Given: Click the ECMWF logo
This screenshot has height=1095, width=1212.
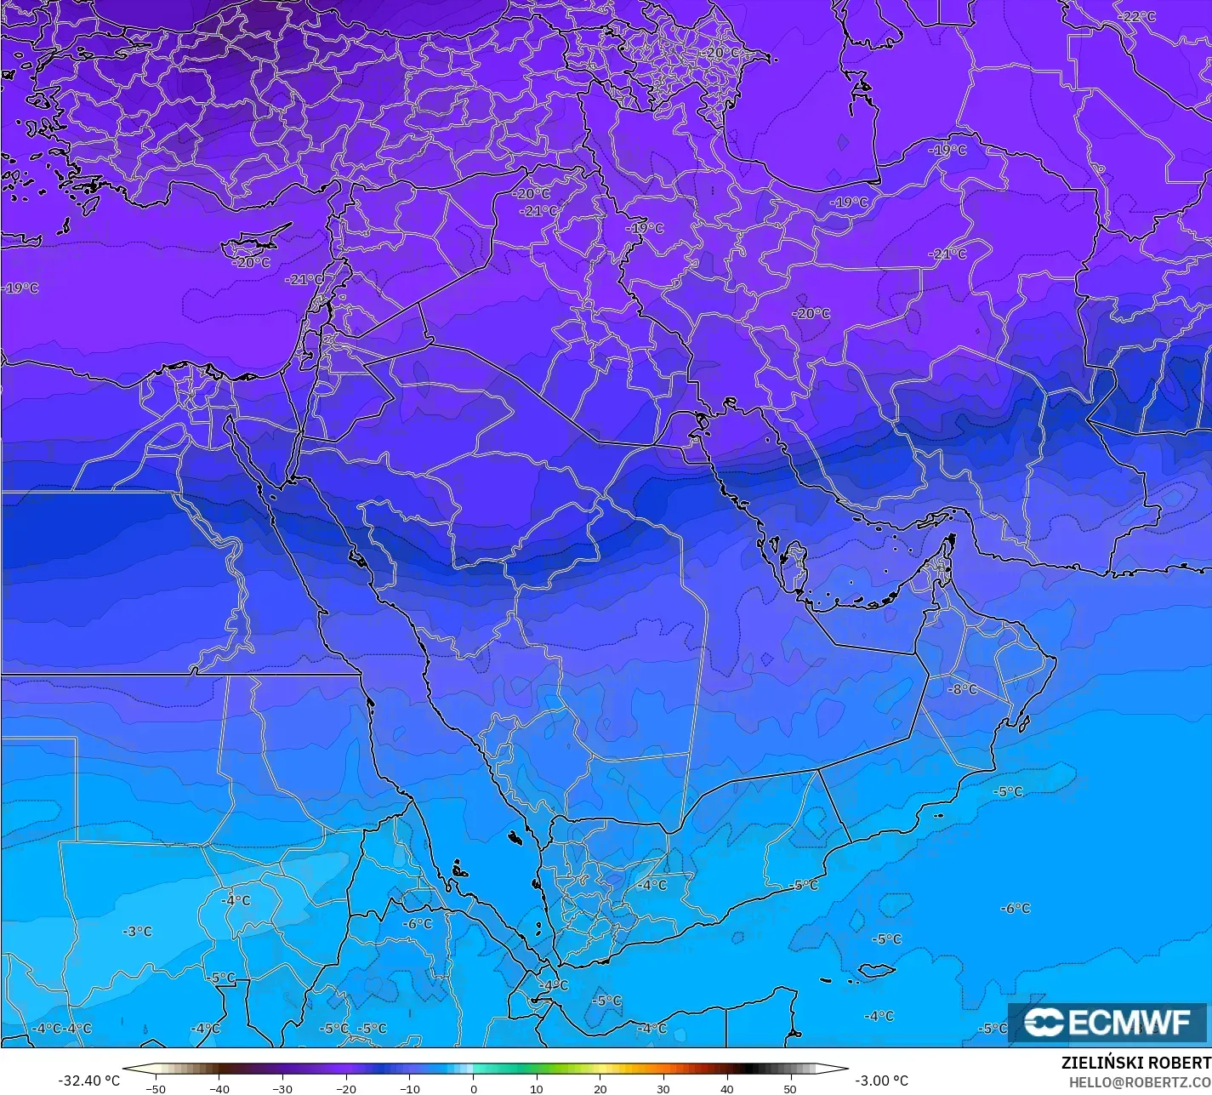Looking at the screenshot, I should point(1107,1022).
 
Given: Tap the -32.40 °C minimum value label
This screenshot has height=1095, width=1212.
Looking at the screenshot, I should point(88,1081).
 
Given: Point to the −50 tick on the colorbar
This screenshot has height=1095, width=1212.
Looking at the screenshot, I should point(155,1088).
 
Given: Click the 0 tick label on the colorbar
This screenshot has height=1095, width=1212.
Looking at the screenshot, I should point(473,1088).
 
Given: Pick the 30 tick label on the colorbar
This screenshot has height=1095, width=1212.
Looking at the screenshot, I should point(663,1088).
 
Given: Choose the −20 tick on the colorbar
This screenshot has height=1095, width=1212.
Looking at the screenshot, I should point(345,1088).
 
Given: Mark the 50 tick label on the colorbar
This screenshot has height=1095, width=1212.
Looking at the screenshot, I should point(790,1088).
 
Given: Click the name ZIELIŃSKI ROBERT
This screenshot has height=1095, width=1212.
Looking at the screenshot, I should point(1136,1063).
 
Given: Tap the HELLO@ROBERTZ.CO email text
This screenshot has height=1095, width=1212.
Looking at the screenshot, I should point(1140,1081).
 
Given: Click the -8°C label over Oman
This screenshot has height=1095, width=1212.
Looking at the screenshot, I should point(962,689).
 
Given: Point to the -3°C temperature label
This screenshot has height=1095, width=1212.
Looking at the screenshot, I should point(136,932).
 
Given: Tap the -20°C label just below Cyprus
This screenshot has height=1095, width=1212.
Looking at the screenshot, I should point(251,263).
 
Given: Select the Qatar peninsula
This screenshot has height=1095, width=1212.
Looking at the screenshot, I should point(796,565).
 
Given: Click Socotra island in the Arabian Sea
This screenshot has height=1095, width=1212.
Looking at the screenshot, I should point(877,970).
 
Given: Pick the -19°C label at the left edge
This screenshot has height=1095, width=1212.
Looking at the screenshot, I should point(20,288).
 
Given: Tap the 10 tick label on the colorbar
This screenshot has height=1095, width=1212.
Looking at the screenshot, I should point(536,1088).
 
